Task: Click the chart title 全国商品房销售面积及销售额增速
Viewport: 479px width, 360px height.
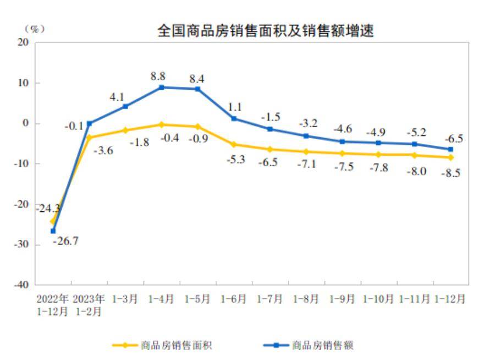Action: pos(265,32)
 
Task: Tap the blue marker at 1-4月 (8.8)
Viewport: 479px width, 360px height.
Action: pos(162,88)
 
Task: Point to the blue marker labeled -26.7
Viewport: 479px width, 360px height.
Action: pos(53,231)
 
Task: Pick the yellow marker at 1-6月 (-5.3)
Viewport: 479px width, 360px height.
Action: pos(234,145)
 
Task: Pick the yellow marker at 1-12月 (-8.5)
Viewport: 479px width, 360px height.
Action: pos(451,157)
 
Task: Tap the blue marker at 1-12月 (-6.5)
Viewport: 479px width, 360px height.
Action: pos(451,149)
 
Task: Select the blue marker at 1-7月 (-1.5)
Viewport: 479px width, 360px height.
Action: pos(270,129)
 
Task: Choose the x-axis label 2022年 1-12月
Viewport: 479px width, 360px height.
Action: pos(53,304)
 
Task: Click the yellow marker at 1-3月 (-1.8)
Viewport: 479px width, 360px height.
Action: pos(125,130)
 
